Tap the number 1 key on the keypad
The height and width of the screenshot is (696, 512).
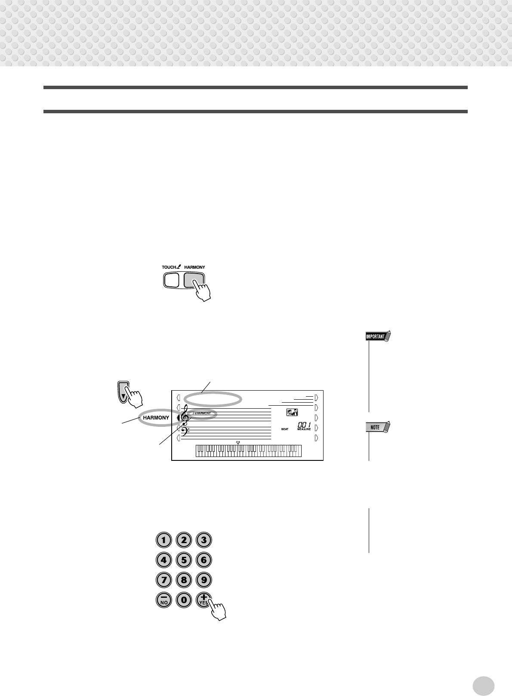(163, 540)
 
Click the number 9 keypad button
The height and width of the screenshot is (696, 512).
(204, 580)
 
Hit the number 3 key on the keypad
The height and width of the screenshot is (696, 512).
(204, 540)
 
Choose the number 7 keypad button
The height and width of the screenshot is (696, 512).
(163, 580)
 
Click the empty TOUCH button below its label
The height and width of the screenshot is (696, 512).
(171, 280)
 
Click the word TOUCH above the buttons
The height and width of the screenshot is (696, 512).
(169, 267)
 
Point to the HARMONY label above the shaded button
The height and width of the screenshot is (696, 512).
(195, 267)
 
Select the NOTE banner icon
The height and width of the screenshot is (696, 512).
(376, 427)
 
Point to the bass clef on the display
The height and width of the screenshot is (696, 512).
(184, 432)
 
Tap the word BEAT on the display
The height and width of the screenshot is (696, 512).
(285, 429)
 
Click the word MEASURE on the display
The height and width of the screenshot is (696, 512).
(304, 429)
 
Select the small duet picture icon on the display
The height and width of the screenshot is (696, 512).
(292, 412)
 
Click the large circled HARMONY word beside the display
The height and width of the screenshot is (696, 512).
(156, 418)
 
